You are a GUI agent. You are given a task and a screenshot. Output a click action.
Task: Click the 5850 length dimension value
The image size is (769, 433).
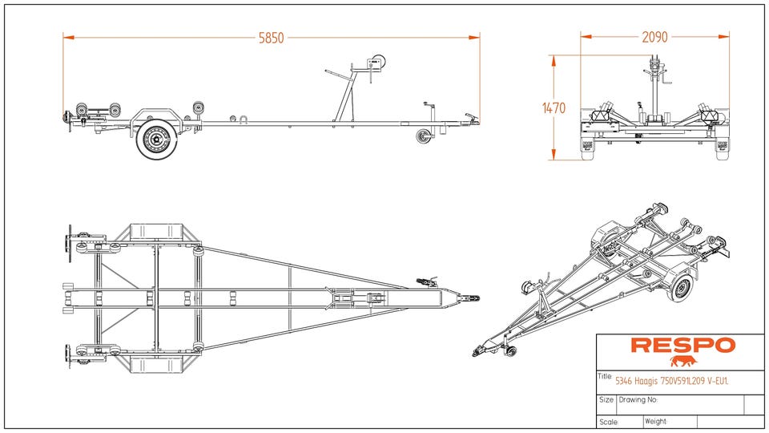point(272,37)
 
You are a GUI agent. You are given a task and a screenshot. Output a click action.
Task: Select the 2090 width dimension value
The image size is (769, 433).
point(654,37)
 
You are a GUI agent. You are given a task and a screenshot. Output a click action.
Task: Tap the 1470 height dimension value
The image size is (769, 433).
point(554,107)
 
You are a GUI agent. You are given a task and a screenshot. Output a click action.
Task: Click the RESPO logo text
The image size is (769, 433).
point(682,346)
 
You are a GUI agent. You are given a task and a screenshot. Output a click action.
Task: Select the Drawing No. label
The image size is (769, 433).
point(638,399)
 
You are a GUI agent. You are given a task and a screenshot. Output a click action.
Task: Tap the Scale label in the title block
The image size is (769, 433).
point(608,422)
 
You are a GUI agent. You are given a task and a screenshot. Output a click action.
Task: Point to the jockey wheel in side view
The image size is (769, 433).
point(423,137)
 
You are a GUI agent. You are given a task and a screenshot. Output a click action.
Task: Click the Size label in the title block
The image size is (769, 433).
point(606,399)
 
